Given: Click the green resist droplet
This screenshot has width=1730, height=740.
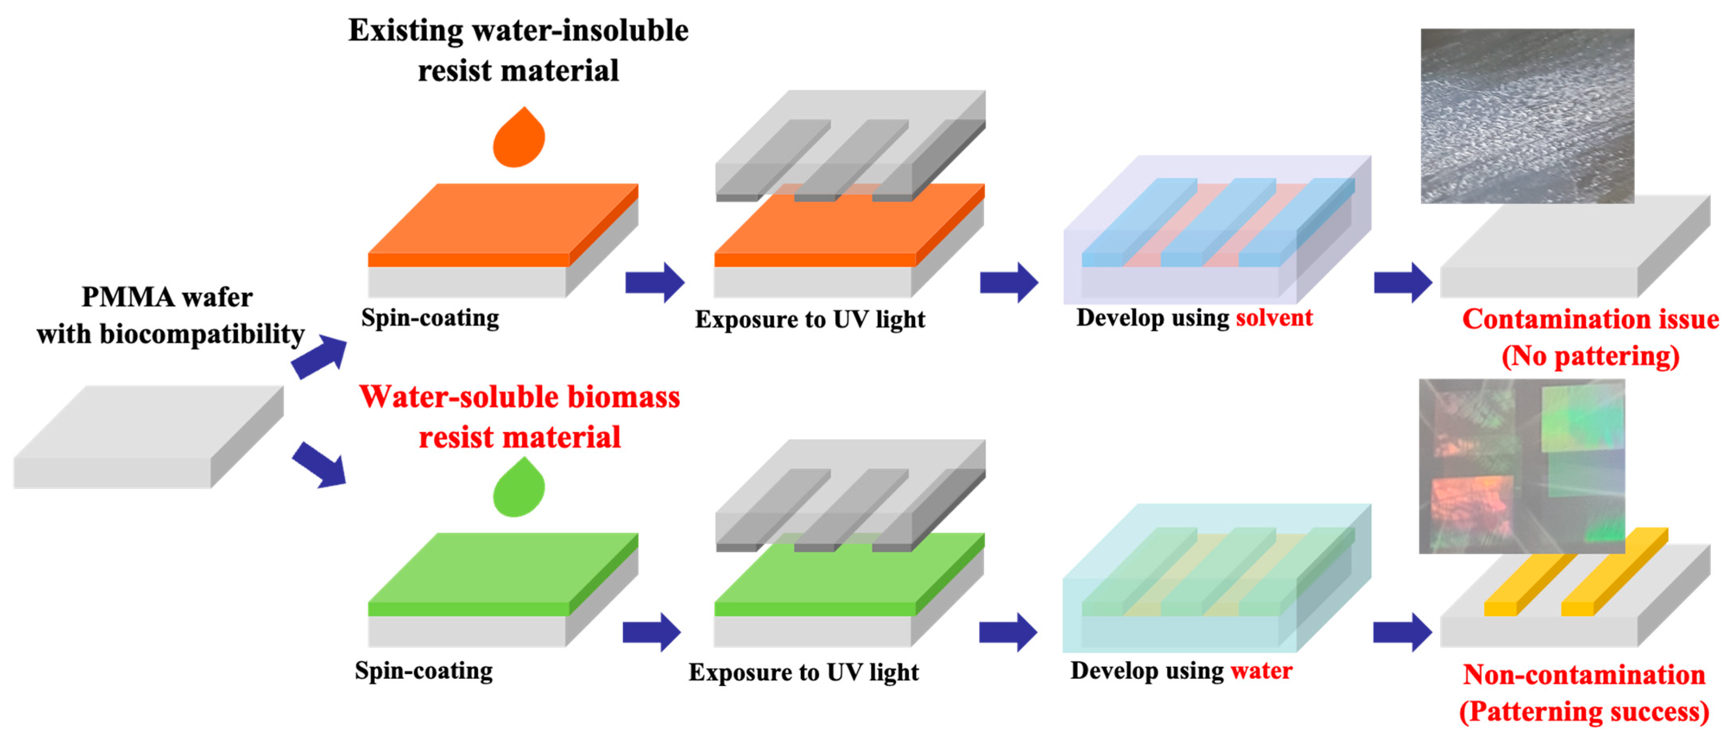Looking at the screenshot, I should tap(519, 489).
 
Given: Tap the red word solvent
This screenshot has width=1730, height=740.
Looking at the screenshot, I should tap(1274, 318).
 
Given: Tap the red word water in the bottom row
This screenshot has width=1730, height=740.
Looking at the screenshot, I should tap(1261, 670).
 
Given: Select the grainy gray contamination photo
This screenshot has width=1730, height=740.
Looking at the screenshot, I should tap(1527, 116).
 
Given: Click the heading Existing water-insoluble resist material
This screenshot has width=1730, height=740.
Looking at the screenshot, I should tap(519, 50).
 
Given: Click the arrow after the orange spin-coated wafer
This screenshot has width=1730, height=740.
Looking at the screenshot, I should tap(654, 283).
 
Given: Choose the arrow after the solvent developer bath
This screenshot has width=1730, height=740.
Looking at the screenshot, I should tap(1402, 283).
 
